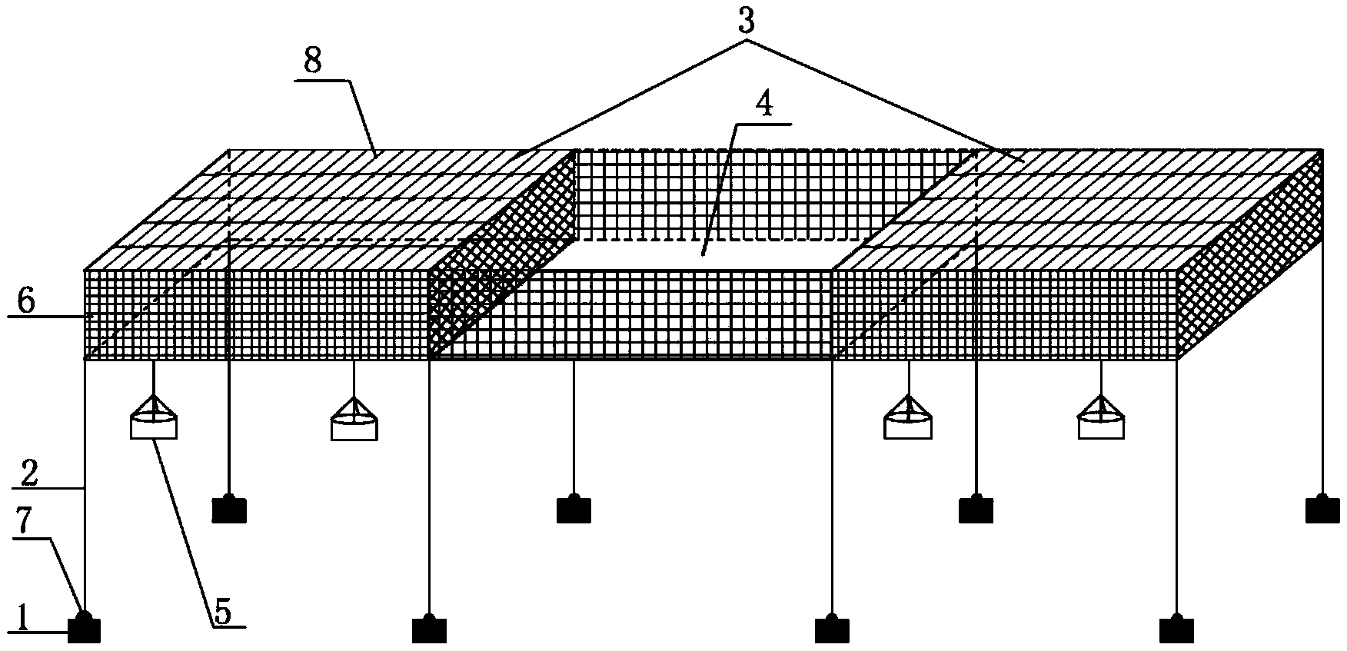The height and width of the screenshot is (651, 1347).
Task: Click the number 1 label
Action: [x=22, y=617]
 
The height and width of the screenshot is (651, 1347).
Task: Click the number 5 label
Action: [x=222, y=613]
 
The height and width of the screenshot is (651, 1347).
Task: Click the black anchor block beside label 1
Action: [x=85, y=629]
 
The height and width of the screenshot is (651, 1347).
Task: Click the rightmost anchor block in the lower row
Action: [x=1176, y=629]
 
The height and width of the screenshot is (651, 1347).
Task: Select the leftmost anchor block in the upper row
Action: [x=229, y=509]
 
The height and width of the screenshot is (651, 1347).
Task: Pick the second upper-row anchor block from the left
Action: [x=574, y=509]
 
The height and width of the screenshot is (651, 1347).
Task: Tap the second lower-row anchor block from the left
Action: [x=429, y=629]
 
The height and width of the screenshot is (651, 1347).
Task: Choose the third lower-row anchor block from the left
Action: [x=832, y=629]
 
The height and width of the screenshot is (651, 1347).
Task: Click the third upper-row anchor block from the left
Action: [x=976, y=509]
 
